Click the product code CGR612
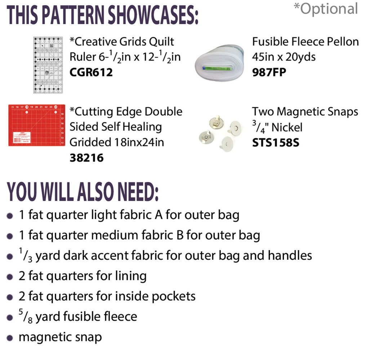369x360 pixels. (91, 72)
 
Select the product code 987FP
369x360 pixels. (269, 72)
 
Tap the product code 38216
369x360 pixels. (86, 158)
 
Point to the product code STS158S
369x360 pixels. (276, 143)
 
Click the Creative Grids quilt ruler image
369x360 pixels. (48, 65)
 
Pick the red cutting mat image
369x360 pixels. (37, 125)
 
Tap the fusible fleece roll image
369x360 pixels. (219, 63)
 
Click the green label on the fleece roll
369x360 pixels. (217, 68)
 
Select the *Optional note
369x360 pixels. (326, 9)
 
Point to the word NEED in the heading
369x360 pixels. (138, 192)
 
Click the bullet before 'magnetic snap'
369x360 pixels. (10, 338)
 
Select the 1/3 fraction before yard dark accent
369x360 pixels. (26, 255)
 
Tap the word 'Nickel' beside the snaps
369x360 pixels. (287, 128)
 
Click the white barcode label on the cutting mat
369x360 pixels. (22, 138)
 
